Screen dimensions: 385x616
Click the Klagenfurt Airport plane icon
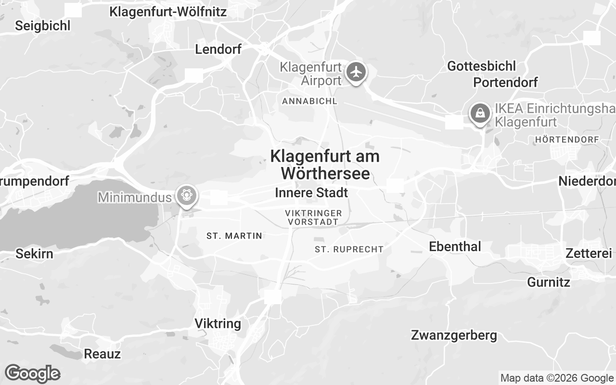coord(356,72)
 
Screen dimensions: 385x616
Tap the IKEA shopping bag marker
coord(480,114)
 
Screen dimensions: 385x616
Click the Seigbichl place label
coord(43,26)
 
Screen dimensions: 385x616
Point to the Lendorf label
coord(218,49)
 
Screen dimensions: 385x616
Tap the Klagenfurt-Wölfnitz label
coord(168,12)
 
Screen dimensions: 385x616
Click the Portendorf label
coord(505,82)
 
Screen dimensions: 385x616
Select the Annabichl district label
coord(309,101)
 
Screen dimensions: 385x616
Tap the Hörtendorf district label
coord(567,140)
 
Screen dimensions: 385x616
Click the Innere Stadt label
coord(311,193)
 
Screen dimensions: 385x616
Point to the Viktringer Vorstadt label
coord(313,217)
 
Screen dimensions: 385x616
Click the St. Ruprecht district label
coord(349,249)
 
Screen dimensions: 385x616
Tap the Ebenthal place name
coord(455,246)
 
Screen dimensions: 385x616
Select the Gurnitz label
coord(549,282)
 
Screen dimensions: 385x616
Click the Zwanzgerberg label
coord(454,335)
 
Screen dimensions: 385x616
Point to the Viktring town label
coord(218,323)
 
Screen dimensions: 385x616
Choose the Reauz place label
coord(102,354)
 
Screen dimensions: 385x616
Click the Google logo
coord(32,373)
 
